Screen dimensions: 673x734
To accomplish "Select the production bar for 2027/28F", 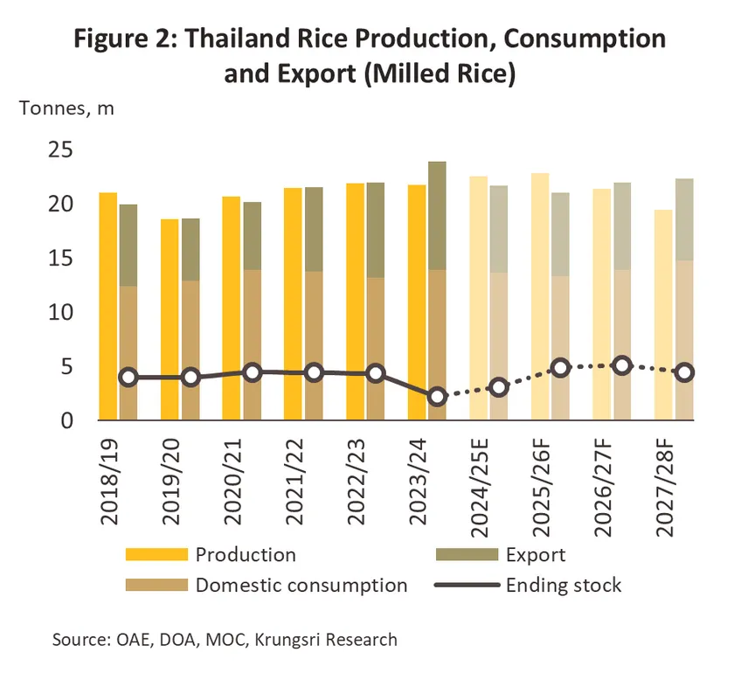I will point(662,315).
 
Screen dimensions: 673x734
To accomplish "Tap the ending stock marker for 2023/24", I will point(437,397).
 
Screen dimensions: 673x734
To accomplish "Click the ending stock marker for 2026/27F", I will point(622,365).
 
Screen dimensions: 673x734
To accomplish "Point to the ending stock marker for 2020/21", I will point(253,372).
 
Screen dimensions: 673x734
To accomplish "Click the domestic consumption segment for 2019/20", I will point(190,350).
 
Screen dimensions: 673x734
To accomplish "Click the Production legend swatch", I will point(157,555).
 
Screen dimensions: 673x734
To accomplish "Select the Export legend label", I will point(536,555).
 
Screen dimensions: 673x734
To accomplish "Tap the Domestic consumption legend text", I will point(301,585).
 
